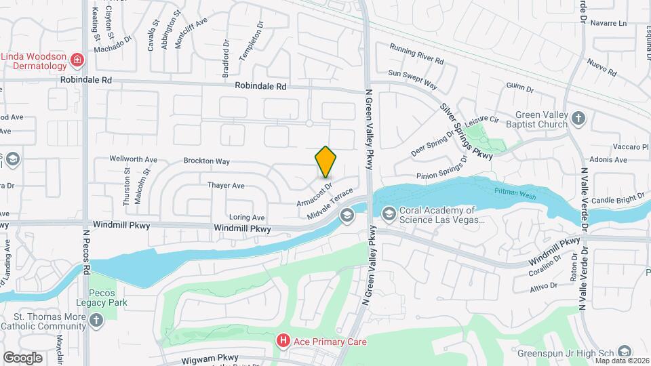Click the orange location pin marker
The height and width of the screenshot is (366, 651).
pos(325,161)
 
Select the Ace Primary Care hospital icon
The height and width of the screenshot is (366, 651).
pos(285,342)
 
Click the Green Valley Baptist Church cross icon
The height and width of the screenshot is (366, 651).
pos(578,119)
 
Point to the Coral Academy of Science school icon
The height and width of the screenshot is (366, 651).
pos(389,216)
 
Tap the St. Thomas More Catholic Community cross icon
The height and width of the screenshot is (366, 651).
pos(97,319)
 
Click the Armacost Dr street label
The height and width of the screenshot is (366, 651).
pos(314,194)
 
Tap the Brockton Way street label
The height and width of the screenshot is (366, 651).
pos(207,161)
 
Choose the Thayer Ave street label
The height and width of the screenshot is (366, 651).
pos(226,185)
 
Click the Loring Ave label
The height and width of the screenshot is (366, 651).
pos(247,218)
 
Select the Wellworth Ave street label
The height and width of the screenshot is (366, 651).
pos(134,160)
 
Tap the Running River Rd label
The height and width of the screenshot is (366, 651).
pos(416,54)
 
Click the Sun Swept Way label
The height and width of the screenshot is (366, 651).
pos(413,79)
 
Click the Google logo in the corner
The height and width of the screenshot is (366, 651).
pos(22,357)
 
